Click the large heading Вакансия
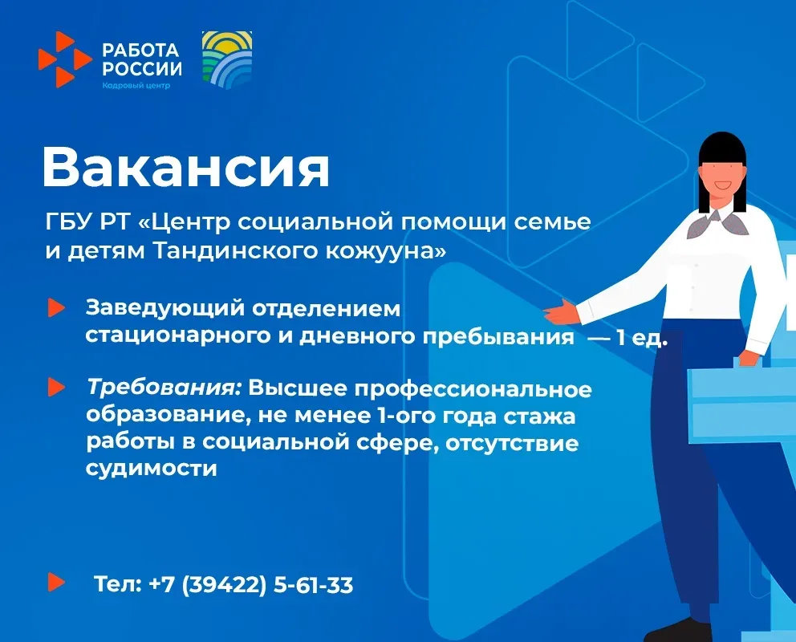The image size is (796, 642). pos(186,168)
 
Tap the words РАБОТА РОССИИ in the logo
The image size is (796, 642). pos(142,59)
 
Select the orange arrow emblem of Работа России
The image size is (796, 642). pos(64,59)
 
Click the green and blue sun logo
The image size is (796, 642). pos(227,60)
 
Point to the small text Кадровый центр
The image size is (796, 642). pos(136,85)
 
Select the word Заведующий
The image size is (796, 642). pos(165,309)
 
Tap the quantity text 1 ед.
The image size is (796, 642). pos(641,338)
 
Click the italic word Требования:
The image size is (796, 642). pos(164,388)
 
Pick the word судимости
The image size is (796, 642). pos(152,469)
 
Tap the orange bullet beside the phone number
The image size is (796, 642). pos(56,582)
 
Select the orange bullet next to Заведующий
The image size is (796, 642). pos(56,307)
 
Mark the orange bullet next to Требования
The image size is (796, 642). pos(56,387)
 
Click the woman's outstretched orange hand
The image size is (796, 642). pos(562,313)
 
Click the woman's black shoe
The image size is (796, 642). pos(676,631)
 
